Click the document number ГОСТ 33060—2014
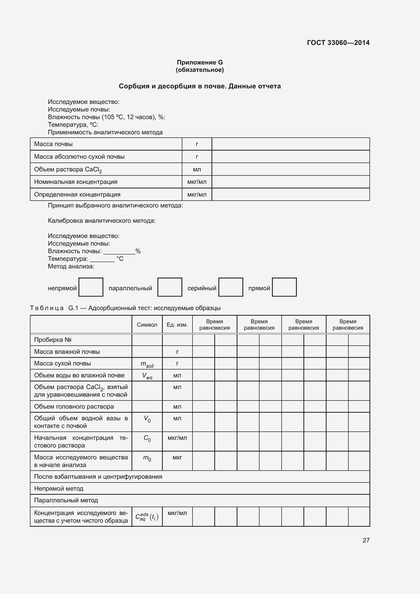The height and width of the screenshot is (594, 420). [338, 43]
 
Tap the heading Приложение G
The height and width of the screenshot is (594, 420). [200, 62]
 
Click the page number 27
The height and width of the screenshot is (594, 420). [366, 540]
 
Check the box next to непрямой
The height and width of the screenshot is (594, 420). [91, 287]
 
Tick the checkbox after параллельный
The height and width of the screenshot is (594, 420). [170, 287]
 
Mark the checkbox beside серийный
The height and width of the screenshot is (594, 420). [230, 287]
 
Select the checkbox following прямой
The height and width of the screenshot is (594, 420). [284, 287]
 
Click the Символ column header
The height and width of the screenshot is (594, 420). [147, 325]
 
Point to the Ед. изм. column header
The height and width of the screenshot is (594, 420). [177, 325]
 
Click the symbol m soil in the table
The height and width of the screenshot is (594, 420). [147, 364]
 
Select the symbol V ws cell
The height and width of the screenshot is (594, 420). [147, 376]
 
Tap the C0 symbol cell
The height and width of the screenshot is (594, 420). [147, 438]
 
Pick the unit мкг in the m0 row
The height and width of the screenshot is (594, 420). [177, 457]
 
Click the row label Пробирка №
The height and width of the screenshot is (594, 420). [53, 340]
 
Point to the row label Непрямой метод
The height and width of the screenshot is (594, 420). [59, 488]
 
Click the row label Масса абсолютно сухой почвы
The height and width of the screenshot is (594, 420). [79, 157]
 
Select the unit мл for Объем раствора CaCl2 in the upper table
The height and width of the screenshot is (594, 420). [197, 169]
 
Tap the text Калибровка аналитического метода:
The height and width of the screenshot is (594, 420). [102, 221]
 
